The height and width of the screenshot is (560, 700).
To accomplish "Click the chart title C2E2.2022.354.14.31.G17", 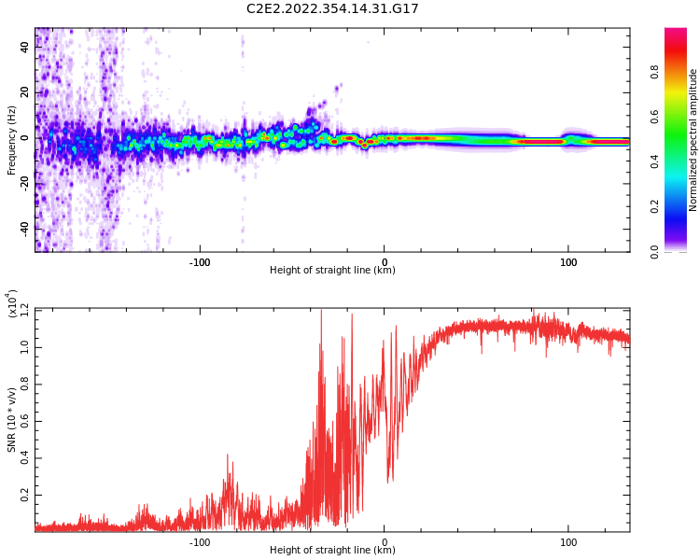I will [x=332, y=9].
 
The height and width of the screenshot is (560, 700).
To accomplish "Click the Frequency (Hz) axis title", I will [x=12, y=140].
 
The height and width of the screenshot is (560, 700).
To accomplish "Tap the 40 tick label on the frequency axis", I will [x=25, y=48].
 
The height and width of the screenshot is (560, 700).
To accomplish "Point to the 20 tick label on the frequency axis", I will [x=25, y=92].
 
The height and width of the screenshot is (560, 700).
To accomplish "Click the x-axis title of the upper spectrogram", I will [x=332, y=271].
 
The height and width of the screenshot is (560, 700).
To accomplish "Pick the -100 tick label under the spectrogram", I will [x=200, y=262].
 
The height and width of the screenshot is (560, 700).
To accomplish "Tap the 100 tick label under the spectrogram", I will [x=568, y=262].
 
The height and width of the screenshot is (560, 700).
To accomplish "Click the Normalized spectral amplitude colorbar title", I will [x=693, y=140].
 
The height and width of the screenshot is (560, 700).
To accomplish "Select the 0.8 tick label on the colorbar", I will [x=654, y=71].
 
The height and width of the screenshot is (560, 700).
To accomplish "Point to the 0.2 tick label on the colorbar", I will [x=654, y=206].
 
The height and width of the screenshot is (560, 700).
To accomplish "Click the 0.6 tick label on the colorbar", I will [x=654, y=117].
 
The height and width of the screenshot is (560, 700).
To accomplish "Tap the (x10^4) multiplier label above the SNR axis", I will [x=13, y=304].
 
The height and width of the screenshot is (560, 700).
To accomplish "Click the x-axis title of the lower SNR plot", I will [x=332, y=551].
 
